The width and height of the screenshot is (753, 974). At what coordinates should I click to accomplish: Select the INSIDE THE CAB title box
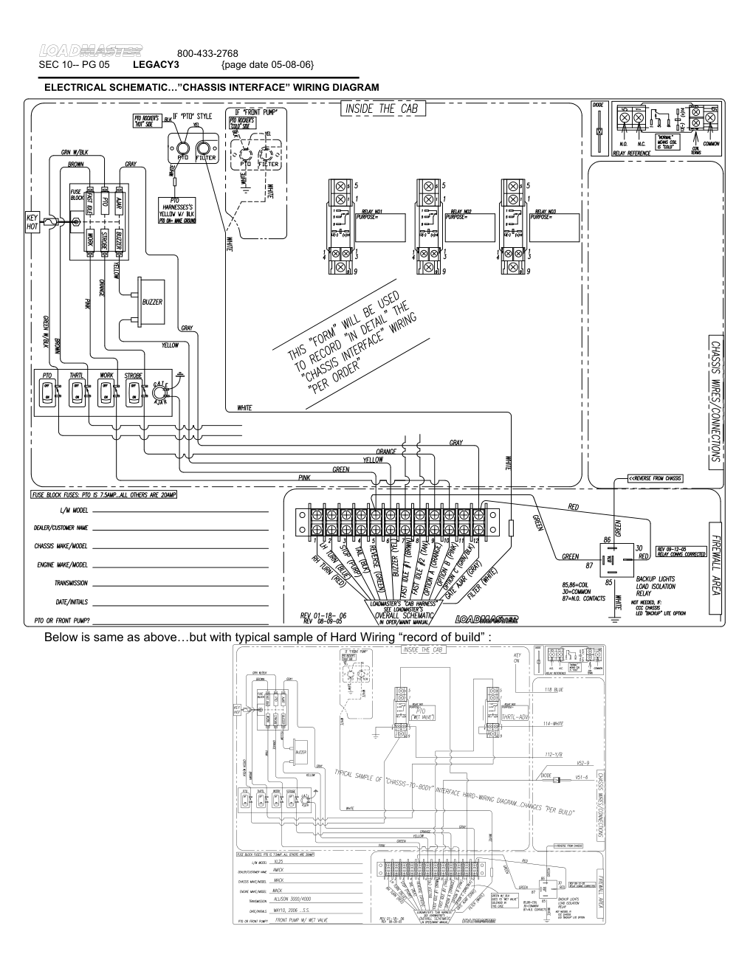[382, 109]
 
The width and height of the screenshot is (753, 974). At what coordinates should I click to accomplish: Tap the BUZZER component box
[151, 301]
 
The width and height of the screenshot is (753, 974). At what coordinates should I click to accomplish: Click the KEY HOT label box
[31, 222]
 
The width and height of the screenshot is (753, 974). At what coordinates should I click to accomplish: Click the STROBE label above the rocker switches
[134, 376]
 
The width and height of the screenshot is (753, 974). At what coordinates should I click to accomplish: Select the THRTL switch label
[76, 376]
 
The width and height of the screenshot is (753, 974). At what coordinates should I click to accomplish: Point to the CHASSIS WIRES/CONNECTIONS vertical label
[715, 403]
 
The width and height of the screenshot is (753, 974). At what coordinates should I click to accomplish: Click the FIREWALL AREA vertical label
[715, 564]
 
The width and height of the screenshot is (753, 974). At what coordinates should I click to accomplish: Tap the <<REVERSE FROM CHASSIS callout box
[655, 477]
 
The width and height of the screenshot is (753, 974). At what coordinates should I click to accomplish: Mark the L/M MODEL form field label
[72, 510]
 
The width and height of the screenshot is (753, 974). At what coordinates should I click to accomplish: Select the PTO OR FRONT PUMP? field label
[62, 621]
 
